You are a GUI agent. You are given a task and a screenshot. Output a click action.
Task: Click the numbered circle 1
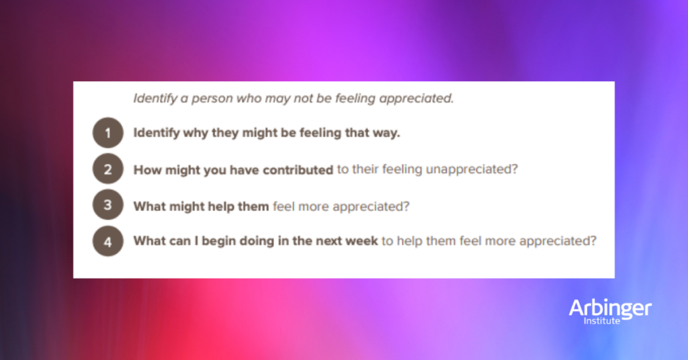click(x=108, y=133)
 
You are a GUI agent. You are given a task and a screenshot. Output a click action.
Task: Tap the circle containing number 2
click(x=108, y=169)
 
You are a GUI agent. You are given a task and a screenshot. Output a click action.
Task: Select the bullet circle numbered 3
click(x=108, y=206)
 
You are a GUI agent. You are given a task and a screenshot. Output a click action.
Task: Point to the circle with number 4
click(x=108, y=241)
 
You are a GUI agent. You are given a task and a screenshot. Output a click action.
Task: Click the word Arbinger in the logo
click(x=610, y=308)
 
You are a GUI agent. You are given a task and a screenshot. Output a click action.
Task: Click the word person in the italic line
click(x=212, y=98)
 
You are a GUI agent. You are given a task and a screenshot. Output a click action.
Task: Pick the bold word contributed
click(x=298, y=169)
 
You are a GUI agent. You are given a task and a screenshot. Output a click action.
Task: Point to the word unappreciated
click(x=472, y=169)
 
